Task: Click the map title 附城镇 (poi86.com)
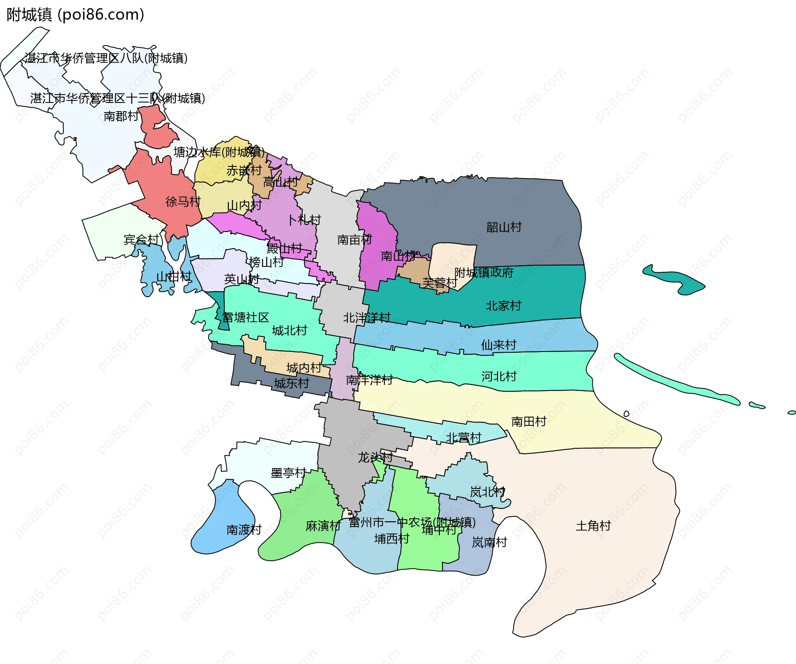point(75,15)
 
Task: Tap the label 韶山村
point(504,227)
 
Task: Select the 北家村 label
point(503,306)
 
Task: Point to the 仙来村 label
point(498,345)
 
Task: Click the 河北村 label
point(499,376)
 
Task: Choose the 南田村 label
point(529,422)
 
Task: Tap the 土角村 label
point(593,526)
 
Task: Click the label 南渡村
point(244,530)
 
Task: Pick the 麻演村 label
point(323,526)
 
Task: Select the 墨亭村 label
point(288,473)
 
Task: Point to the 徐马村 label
point(183,202)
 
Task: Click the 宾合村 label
point(141,239)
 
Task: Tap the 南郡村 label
point(121,116)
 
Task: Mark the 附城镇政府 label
point(484,273)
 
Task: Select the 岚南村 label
point(489,542)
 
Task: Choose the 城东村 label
point(291,383)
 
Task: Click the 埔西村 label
point(392,539)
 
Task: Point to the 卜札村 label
point(304,220)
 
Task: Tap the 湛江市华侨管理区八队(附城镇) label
point(106,58)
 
